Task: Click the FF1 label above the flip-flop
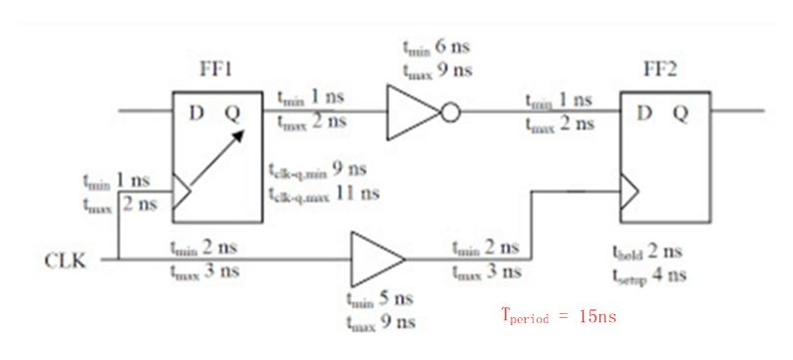[216, 75]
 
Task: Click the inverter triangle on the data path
[411, 111]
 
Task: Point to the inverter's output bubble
[450, 112]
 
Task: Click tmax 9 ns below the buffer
[380, 322]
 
